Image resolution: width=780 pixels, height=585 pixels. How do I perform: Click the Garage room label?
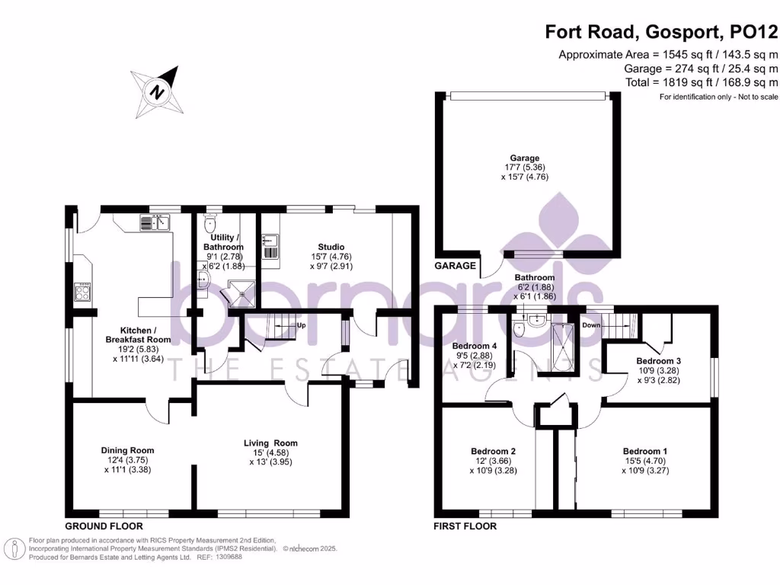[524, 158]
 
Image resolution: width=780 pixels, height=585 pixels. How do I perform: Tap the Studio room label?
[331, 247]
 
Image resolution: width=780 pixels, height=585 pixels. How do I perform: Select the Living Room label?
[270, 443]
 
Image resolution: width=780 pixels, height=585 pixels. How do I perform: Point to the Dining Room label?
[127, 451]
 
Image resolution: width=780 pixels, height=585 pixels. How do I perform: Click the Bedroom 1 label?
[645, 452]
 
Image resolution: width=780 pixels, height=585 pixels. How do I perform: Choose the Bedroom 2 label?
[493, 452]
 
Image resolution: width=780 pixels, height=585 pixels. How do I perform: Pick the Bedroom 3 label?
[659, 361]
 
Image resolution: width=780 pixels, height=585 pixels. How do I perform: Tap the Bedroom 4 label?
[474, 347]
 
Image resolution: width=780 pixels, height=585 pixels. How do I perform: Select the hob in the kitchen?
[82, 292]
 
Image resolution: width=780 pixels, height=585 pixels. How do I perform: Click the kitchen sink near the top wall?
[155, 222]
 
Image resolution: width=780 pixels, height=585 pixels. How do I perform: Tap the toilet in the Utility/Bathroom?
[210, 224]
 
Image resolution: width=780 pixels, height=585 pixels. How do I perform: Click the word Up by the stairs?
[301, 326]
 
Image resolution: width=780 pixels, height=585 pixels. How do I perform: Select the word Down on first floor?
[591, 325]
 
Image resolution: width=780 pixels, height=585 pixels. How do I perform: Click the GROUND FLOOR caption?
[104, 526]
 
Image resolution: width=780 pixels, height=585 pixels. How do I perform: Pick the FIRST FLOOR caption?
[465, 526]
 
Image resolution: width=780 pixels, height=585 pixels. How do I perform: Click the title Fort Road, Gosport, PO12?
[661, 32]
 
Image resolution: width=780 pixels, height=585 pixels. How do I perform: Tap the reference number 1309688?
[229, 557]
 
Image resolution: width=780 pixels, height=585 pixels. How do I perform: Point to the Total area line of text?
[702, 82]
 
